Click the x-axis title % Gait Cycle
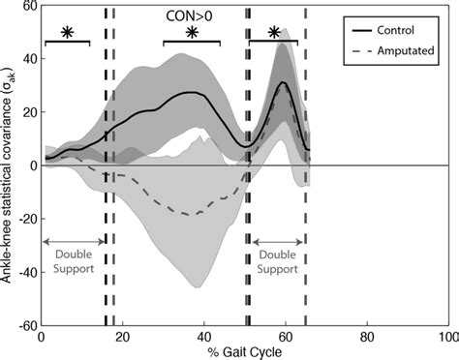(x=243, y=352)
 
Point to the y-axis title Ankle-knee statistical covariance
(x=8, y=165)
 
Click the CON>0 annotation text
(x=190, y=16)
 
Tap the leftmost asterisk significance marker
(x=67, y=32)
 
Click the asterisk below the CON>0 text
(x=191, y=32)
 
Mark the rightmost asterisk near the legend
(x=274, y=32)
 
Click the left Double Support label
(x=73, y=261)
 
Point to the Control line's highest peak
(x=283, y=82)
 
